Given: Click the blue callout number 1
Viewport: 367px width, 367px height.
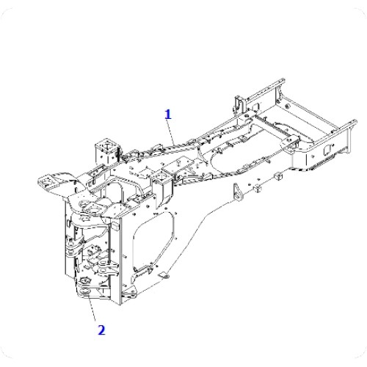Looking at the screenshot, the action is click(x=168, y=115).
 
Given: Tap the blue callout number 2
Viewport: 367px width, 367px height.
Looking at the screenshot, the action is click(x=101, y=330).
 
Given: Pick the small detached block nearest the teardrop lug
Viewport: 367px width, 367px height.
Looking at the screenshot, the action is click(x=257, y=188).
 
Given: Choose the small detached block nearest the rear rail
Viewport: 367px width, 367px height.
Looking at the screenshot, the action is click(x=277, y=175).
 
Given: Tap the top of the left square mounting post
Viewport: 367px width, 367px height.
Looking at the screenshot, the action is click(x=106, y=144).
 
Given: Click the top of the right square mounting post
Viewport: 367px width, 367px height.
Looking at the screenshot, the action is click(x=161, y=175).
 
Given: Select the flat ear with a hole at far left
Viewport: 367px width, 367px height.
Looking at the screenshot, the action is click(x=48, y=181).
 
